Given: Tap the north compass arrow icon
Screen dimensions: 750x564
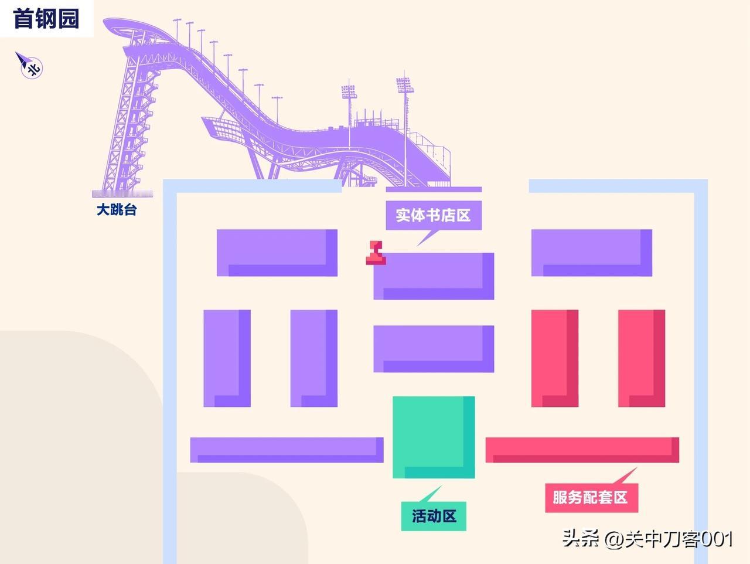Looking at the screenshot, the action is pos(29,65).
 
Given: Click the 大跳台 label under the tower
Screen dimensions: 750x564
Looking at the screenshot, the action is pos(117,209).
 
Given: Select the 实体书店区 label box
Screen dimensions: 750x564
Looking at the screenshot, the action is pos(433,215).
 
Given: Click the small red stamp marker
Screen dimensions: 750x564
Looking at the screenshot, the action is pos(376,253).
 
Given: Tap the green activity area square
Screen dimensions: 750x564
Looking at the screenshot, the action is pos(434,437).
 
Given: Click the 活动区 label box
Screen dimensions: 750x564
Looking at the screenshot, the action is pos(434,516).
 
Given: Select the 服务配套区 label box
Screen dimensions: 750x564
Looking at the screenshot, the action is pos(590,497).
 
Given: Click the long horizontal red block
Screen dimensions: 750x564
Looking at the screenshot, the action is pos(582,450).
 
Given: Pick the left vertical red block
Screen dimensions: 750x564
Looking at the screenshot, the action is pos(554,358).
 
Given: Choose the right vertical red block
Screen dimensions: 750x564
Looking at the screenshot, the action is pos(641,358).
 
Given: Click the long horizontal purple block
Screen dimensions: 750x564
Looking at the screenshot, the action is pos(287,450).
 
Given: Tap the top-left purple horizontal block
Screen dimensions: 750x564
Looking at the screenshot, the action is pos(277,253).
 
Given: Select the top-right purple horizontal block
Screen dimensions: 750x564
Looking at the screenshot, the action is pos(591,253).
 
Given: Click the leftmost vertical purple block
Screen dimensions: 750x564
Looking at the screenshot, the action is pos(227,358).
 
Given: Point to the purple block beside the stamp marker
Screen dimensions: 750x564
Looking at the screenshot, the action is pos(434,276).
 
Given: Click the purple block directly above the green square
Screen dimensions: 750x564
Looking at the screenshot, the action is pos(434,349).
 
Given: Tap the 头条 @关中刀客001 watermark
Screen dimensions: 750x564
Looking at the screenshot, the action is pos(647,538).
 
